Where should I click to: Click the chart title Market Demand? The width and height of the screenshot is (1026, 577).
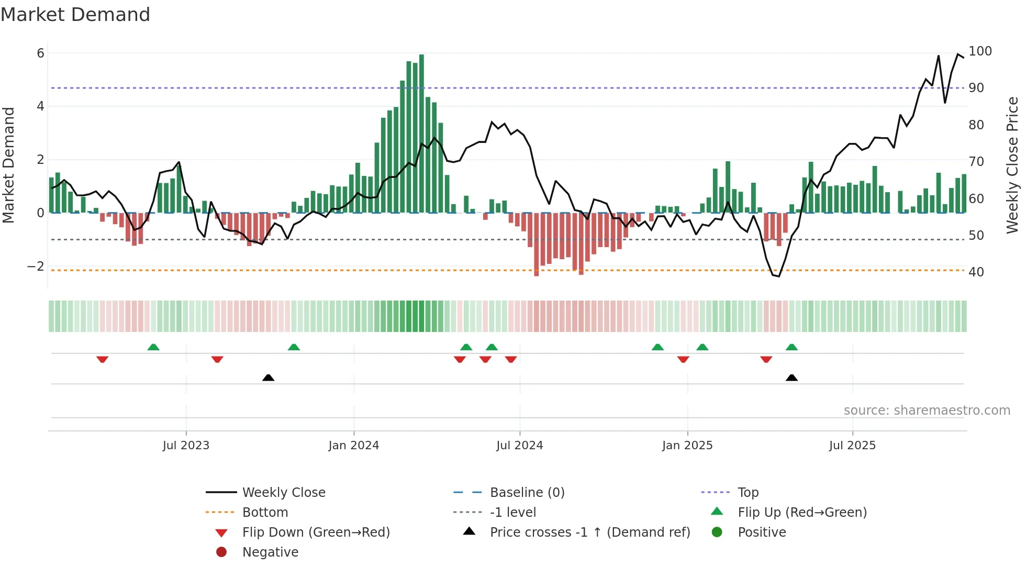pos(75,15)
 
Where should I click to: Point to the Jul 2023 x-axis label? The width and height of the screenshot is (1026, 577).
pos(186,446)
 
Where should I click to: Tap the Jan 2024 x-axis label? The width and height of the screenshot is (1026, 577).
pos(353,446)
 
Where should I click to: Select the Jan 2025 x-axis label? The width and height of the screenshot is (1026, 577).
pos(687,446)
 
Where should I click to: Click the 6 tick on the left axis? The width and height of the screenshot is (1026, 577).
pos(40,53)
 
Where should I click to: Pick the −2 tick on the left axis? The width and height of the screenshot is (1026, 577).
pos(36,267)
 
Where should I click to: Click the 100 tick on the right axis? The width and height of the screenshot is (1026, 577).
pos(980,51)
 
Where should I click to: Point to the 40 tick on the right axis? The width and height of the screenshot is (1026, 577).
pos(976,272)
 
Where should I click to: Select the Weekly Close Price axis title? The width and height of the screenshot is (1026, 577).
pos(1012,165)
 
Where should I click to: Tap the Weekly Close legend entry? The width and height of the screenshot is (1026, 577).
pos(283,493)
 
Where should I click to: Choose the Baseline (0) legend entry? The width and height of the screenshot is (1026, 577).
pos(527,493)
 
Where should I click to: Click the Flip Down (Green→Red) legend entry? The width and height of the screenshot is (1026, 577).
pos(316,532)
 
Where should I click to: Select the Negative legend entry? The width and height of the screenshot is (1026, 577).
pos(270,552)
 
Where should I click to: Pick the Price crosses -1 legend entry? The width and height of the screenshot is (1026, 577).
pos(589,532)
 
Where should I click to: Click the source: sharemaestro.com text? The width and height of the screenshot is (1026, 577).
pos(927,410)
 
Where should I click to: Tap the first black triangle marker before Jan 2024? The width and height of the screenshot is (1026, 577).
pos(268,378)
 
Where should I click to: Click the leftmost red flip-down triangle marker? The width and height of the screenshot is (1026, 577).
pos(103,359)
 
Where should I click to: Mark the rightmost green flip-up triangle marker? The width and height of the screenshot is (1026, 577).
pos(791,347)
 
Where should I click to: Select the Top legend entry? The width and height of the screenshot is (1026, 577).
pos(748,493)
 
